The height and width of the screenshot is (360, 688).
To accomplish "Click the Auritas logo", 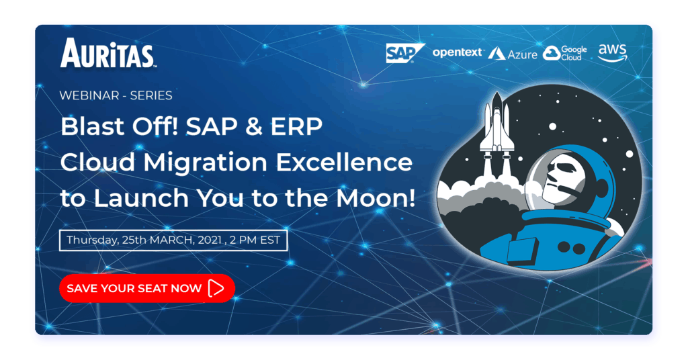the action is (x=108, y=53).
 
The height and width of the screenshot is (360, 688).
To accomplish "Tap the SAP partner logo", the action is (x=405, y=53).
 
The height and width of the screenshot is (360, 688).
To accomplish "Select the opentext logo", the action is (x=457, y=52).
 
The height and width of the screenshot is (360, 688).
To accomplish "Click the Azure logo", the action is (x=513, y=54).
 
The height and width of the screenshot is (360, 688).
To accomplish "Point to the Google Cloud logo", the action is (x=564, y=53).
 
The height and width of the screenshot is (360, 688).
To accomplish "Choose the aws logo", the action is (x=613, y=52).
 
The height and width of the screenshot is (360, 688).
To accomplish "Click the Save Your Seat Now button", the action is (x=147, y=288).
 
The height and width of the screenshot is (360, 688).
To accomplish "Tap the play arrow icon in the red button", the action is (x=216, y=288).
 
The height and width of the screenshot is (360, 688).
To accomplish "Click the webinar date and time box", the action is (x=173, y=240).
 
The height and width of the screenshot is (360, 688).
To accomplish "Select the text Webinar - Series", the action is (x=116, y=95).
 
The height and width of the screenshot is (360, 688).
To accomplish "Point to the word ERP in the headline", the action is (x=296, y=127).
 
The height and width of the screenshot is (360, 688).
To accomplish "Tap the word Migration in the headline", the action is (x=206, y=163).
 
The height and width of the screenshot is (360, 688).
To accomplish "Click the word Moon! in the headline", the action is (x=376, y=198).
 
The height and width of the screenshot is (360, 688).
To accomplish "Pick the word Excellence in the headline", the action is (x=344, y=163).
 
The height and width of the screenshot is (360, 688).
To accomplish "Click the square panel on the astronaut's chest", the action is (x=523, y=251).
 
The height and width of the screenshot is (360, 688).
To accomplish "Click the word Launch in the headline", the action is (x=141, y=198).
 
